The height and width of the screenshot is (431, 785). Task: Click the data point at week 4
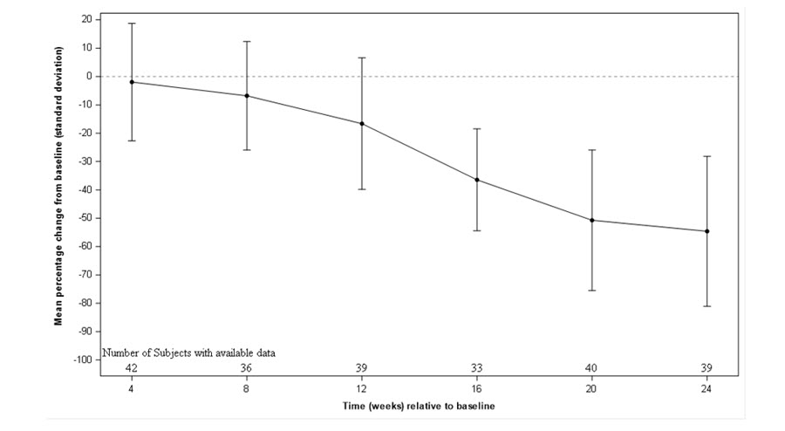pos(132,82)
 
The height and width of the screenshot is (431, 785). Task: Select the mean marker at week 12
pos(362,124)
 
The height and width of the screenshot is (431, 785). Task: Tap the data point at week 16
pos(477,180)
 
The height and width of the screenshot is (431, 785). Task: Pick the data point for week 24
pos(706,231)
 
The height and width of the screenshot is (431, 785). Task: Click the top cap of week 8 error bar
pos(247,42)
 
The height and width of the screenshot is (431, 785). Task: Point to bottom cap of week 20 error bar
pos(591,290)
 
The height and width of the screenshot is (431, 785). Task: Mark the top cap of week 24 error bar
pos(706,156)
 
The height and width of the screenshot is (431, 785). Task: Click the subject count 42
pos(132,367)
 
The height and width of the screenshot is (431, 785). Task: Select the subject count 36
pos(247,367)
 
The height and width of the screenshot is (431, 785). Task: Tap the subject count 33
pos(477,367)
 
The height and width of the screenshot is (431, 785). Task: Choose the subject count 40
pos(591,367)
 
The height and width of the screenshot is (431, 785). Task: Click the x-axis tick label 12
pos(362,388)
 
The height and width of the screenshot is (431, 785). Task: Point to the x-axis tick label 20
pos(591,388)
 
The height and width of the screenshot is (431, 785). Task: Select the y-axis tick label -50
pos(86,218)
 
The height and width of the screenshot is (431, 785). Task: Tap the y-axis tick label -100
pos(85,359)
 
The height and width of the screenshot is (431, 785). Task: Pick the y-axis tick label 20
pos(88,20)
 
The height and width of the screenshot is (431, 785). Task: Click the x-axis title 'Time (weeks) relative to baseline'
pos(418,407)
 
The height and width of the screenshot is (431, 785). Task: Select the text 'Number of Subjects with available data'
pos(189,353)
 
